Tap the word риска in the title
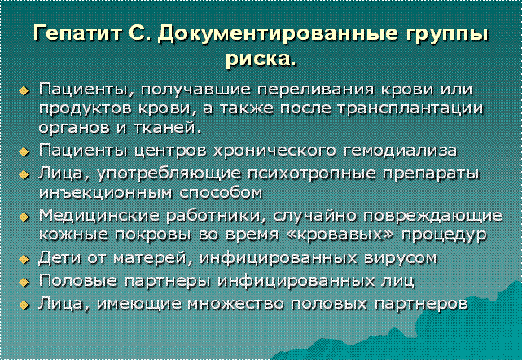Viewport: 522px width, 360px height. (258, 59)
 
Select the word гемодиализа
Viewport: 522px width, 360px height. (400, 151)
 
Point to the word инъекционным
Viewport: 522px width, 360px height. (106, 193)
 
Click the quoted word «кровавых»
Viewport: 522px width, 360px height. (340, 235)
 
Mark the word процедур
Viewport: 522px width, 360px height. (444, 235)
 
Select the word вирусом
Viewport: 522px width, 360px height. (401, 258)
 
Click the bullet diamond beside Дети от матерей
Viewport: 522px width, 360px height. (24, 259)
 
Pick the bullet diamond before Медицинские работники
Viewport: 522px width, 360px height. (24, 217)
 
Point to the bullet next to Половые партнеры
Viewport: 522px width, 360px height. (24, 282)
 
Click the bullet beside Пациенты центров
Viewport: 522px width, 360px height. (24, 151)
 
